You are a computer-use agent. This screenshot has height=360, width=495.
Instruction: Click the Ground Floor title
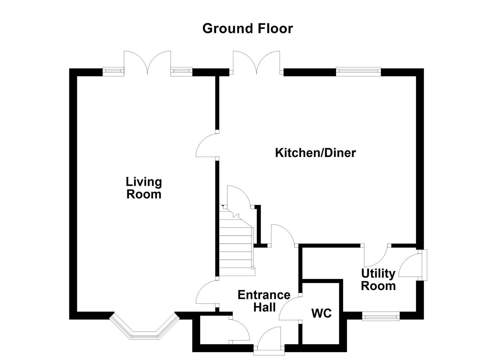[247, 29]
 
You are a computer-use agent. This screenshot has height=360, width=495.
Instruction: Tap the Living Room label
[144, 188]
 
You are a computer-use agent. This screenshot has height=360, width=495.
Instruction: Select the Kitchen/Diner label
[315, 153]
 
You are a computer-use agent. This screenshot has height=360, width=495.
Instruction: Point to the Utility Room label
[378, 280]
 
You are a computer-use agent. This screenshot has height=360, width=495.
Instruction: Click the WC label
[321, 313]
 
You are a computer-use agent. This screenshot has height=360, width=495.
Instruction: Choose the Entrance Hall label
[264, 301]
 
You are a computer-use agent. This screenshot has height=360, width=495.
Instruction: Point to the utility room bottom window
[381, 316]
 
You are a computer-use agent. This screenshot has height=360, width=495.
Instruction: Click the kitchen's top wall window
[358, 71]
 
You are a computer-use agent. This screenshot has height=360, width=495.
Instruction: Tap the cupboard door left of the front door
[239, 330]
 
